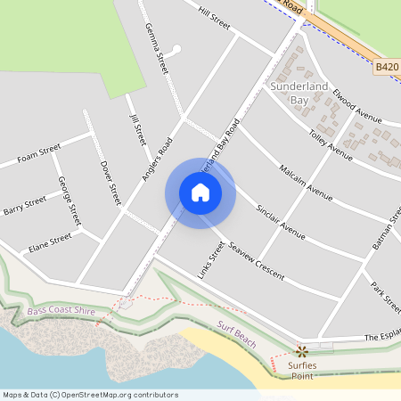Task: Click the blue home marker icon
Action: [x=200, y=192]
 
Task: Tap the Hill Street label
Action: [x=215, y=19]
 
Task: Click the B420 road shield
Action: [x=386, y=67]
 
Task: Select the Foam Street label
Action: [x=38, y=153]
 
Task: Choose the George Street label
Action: [x=69, y=200]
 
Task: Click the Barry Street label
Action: [x=24, y=208]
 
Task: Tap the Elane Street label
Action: [x=49, y=241]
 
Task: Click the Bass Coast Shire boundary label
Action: [x=60, y=311]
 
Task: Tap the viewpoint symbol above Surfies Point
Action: [x=301, y=351]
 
